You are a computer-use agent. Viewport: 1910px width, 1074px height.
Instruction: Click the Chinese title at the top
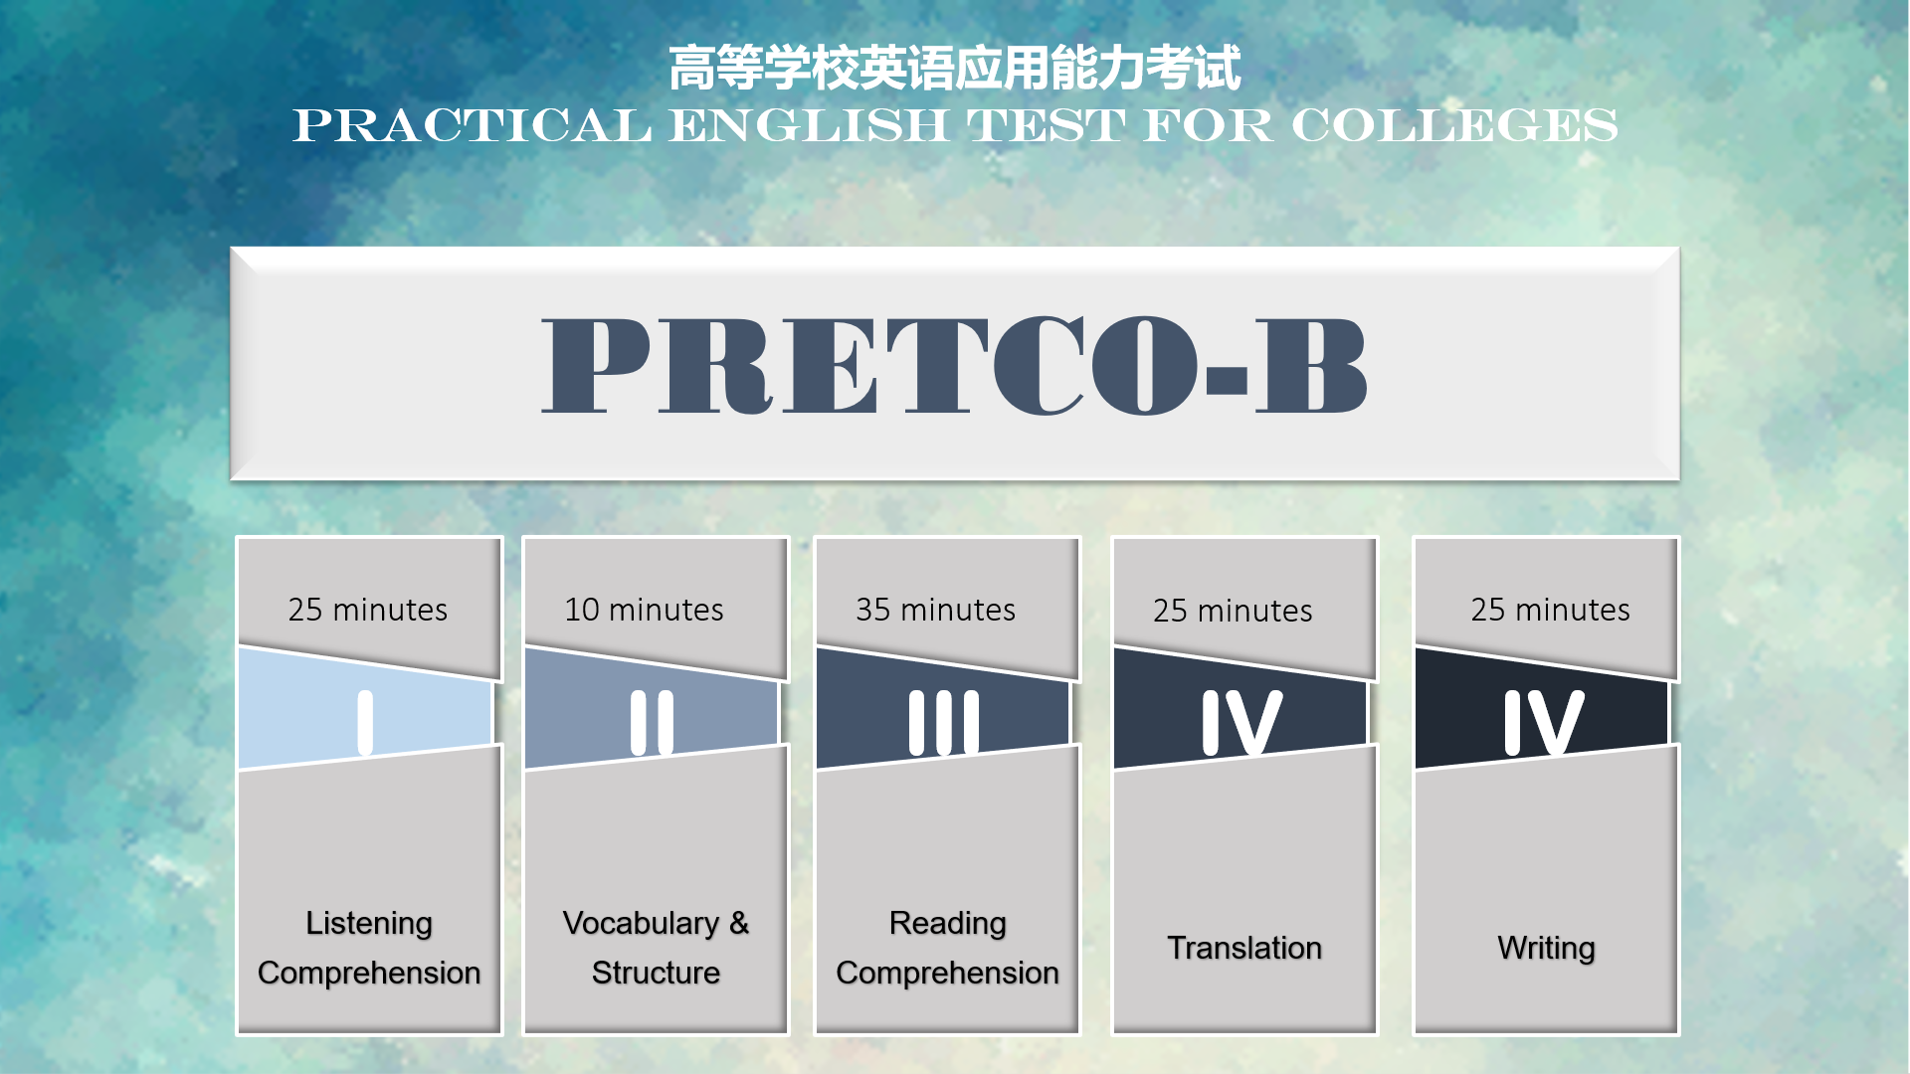954,68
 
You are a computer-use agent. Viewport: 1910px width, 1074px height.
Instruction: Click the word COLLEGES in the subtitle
1454,125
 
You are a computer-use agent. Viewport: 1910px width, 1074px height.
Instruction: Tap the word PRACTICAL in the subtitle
473,125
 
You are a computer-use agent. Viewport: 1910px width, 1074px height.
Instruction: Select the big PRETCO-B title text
954,365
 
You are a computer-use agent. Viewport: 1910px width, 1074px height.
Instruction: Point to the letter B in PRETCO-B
1310,365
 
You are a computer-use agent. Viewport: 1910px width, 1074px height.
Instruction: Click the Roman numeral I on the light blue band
365,723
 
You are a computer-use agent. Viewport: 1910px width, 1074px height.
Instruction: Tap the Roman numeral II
652,723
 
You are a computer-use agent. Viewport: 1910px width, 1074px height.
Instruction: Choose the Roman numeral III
944,723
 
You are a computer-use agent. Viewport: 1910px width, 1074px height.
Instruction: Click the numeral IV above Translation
1241,723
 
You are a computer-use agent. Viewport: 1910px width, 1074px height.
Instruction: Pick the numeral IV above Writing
1544,723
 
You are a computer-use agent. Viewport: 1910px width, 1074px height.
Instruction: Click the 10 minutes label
644,610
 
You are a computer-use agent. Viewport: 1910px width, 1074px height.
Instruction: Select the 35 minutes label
935,610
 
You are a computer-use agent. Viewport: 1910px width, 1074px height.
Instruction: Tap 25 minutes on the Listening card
368,610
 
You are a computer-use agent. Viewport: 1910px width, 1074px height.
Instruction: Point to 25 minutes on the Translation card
1233,611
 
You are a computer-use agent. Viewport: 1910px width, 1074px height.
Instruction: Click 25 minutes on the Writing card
1550,610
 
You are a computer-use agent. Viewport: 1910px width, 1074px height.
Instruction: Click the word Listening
369,924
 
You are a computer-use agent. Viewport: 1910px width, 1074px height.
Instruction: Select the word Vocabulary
641,924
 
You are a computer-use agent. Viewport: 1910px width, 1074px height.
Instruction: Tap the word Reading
948,924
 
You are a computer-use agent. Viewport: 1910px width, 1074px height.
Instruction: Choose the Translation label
1244,948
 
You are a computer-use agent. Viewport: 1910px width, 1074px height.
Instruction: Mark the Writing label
1546,949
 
